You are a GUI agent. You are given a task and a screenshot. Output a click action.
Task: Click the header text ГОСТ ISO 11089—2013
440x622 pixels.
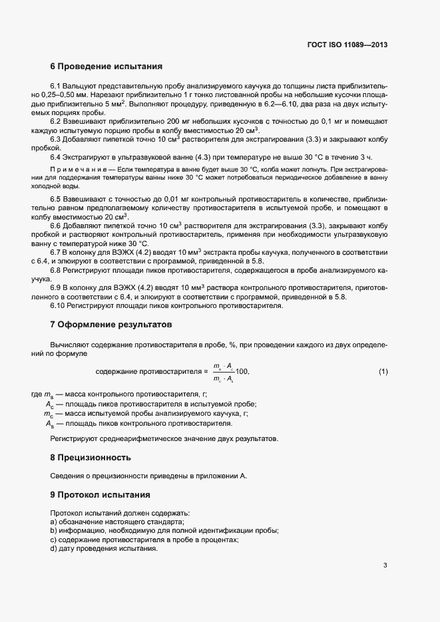pyautogui.click(x=347, y=45)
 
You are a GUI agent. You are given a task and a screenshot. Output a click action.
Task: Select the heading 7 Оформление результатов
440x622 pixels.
pyautogui.click(x=111, y=325)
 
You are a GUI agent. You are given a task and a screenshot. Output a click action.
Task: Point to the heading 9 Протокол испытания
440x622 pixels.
pyautogui.click(x=101, y=495)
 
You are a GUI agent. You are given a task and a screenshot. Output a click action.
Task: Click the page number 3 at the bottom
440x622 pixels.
pyautogui.click(x=385, y=566)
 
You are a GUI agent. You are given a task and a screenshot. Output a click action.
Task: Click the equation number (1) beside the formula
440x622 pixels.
pyautogui.click(x=383, y=371)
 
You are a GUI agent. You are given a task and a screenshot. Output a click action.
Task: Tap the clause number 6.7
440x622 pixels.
pyautogui.click(x=56, y=253)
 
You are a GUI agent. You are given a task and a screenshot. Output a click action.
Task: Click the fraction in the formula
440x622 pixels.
pyautogui.click(x=223, y=372)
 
